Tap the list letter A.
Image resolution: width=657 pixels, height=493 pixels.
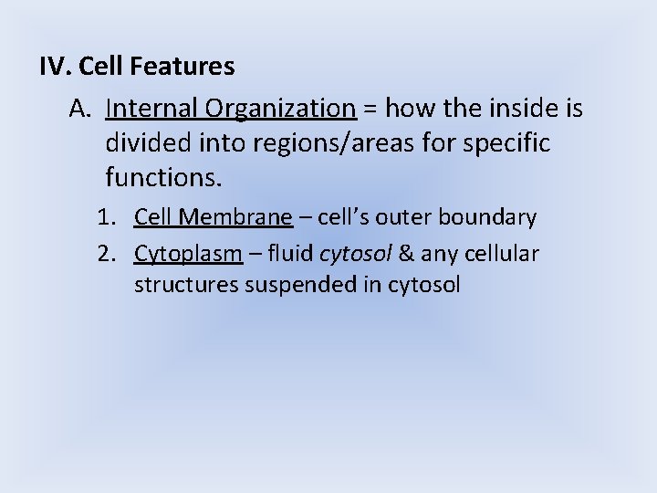coord(79,110)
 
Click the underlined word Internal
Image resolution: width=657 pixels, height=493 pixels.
coord(151,110)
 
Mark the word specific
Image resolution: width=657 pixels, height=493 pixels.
coord(510,143)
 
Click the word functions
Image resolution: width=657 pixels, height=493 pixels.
coord(163,176)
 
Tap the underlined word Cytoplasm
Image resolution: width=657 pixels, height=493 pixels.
coord(188,253)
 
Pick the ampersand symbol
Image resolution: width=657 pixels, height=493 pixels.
coord(402,252)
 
